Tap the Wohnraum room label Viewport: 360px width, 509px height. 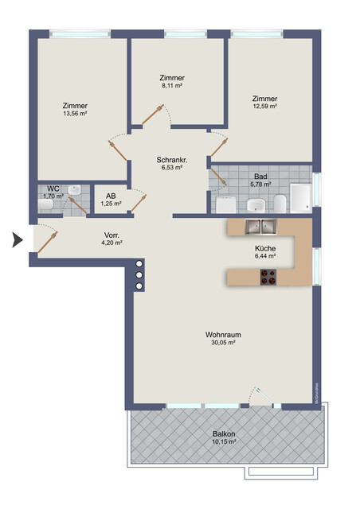coord(222,335)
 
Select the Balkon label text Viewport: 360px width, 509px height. coord(223,433)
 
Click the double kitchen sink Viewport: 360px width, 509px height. coord(260,227)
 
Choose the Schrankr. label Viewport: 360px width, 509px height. coord(171,160)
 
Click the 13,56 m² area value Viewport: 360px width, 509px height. coord(76,114)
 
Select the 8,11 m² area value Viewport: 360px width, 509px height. coord(171,85)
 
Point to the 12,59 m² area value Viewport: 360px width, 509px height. coord(265,107)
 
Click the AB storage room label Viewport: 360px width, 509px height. coord(112,195)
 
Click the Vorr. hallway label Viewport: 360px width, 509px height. coord(112,235)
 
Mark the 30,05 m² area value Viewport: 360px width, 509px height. coord(222,344)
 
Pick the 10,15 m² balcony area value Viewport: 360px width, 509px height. coord(223,441)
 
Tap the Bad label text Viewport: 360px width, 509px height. coord(260,176)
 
